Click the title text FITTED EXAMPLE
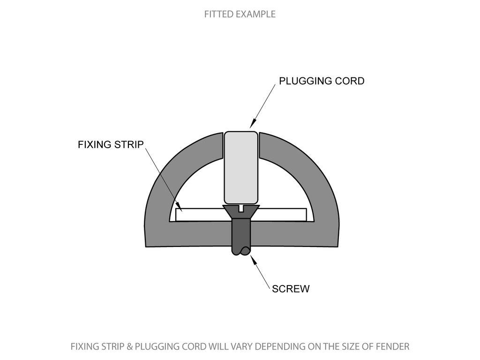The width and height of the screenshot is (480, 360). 240,14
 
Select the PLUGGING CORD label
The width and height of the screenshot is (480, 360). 322,81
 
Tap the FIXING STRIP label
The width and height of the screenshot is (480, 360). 111,144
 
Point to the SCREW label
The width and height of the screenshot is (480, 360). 291,289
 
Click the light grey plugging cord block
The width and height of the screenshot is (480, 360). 241,166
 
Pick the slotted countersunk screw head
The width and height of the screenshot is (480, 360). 241,211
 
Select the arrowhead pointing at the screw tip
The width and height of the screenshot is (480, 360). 254,258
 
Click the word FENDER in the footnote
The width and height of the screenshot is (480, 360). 393,347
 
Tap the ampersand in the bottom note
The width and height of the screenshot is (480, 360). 129,347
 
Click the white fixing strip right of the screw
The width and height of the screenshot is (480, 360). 281,214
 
